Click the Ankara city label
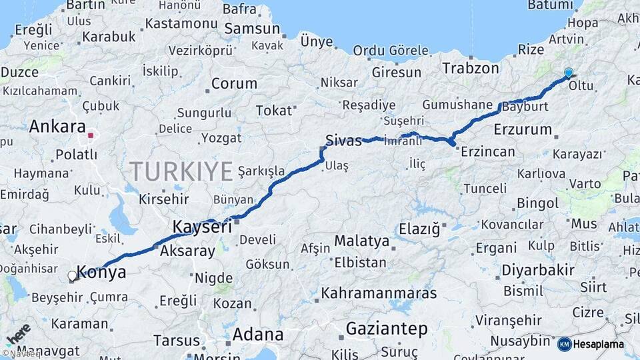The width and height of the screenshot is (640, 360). [57, 127]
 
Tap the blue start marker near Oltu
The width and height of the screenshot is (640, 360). [569, 73]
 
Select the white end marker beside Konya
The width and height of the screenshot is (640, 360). [73, 275]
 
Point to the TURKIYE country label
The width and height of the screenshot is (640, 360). [181, 171]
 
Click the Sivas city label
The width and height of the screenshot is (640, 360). [343, 140]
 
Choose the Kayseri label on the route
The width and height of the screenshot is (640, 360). [202, 227]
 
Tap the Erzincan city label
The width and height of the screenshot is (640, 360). [488, 151]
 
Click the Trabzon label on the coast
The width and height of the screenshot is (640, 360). [471, 68]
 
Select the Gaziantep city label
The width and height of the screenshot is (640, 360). [387, 329]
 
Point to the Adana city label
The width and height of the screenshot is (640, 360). [257, 335]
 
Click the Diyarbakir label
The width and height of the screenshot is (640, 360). [537, 270]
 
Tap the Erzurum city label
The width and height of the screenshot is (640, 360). [523, 129]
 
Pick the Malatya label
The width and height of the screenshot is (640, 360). [361, 241]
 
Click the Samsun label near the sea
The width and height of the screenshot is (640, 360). [252, 29]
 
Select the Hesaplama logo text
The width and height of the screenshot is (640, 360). [591, 344]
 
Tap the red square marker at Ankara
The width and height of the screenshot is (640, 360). [91, 135]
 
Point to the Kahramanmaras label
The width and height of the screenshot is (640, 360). [379, 293]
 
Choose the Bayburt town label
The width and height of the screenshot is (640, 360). [526, 107]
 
